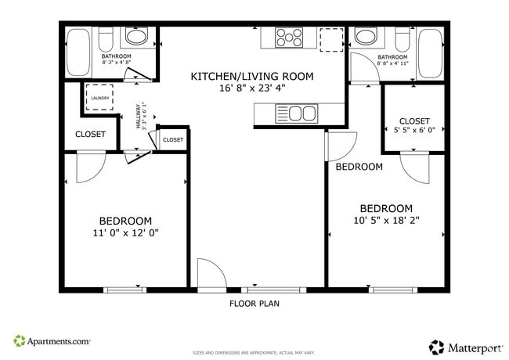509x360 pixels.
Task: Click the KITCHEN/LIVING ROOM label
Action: (x=251, y=77)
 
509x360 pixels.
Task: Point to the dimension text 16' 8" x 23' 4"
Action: (x=251, y=88)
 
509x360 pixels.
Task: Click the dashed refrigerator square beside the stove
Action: (x=331, y=38)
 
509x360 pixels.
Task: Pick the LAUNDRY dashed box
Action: (x=99, y=98)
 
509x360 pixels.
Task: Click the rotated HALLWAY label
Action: (x=139, y=117)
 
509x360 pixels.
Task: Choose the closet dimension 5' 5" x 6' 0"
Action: (x=414, y=131)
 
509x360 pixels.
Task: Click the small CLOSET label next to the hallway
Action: (x=172, y=139)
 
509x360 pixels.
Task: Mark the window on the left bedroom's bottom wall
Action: (x=125, y=290)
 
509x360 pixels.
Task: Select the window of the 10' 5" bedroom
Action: (x=393, y=290)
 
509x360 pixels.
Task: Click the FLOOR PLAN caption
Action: (x=254, y=303)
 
